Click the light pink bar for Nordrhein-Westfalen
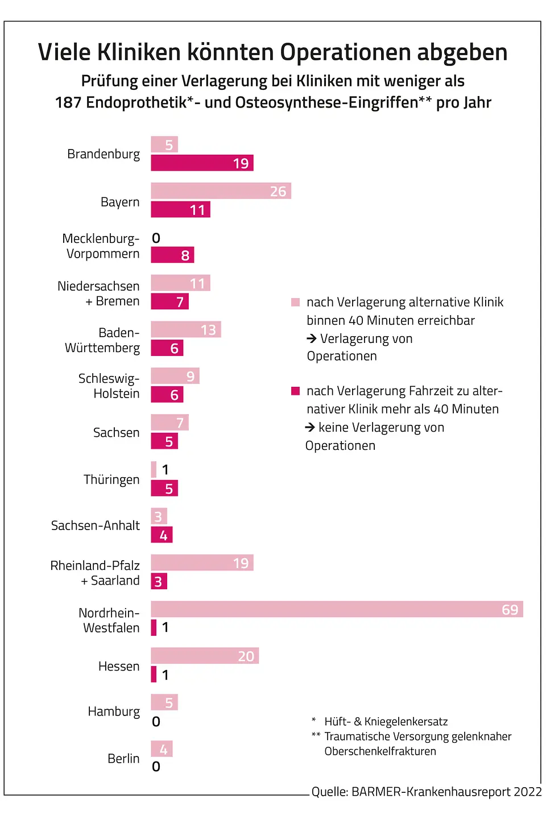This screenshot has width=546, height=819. [x=337, y=609]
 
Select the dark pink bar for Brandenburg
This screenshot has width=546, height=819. [x=202, y=163]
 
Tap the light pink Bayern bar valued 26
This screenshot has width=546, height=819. [x=221, y=191]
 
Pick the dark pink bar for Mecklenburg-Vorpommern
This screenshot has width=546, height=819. [x=172, y=255]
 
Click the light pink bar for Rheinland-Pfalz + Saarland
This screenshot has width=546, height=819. [x=202, y=563]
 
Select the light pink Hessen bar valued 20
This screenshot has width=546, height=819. [x=205, y=656]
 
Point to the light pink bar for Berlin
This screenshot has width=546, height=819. [x=162, y=749]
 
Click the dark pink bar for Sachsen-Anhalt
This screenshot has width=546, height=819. [x=162, y=535]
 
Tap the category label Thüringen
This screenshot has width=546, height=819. [x=111, y=479]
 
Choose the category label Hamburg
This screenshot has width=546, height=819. [x=114, y=712]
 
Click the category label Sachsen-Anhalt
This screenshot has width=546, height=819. [x=95, y=526]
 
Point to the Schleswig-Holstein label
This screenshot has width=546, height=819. [x=109, y=386]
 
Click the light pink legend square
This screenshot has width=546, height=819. [x=295, y=302]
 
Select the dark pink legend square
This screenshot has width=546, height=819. [x=295, y=391]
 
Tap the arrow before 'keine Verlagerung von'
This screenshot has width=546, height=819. [x=310, y=427]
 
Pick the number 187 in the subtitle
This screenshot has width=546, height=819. [x=68, y=103]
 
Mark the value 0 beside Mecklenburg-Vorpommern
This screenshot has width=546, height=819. [x=156, y=238]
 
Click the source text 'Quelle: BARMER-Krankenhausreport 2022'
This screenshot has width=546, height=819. [x=427, y=792]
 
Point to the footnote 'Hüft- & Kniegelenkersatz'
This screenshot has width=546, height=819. [x=386, y=722]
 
